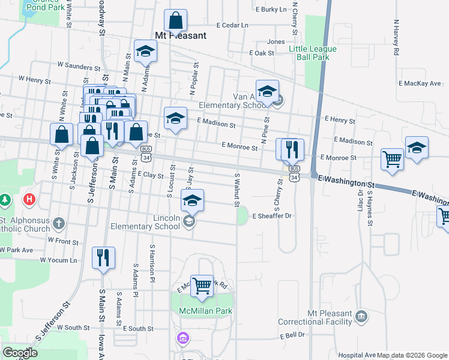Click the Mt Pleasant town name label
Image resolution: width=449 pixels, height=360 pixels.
coord(181,35)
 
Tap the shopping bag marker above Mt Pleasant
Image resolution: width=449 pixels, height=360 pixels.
coord(174,21)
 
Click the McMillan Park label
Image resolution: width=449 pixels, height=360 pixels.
coord(205,311)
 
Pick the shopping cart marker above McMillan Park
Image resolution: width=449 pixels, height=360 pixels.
coord(202,285)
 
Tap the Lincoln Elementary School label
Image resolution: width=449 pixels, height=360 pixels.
coord(146,223)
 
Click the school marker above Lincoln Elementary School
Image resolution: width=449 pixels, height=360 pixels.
coord(192,200)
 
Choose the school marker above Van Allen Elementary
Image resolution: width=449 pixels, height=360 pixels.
coord(267,91)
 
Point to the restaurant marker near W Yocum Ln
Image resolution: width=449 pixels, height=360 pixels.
coord(103,258)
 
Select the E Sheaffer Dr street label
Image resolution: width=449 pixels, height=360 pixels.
coord(272,216)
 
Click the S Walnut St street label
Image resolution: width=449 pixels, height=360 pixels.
coord(238,189)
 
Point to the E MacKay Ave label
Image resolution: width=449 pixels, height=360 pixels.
coord(419,83)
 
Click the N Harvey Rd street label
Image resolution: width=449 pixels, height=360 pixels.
coord(396,37)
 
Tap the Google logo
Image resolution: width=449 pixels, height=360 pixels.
coord(20,353)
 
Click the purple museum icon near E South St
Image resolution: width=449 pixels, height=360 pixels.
coord(182,339)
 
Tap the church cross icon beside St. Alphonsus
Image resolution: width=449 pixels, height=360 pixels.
coord(58,224)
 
